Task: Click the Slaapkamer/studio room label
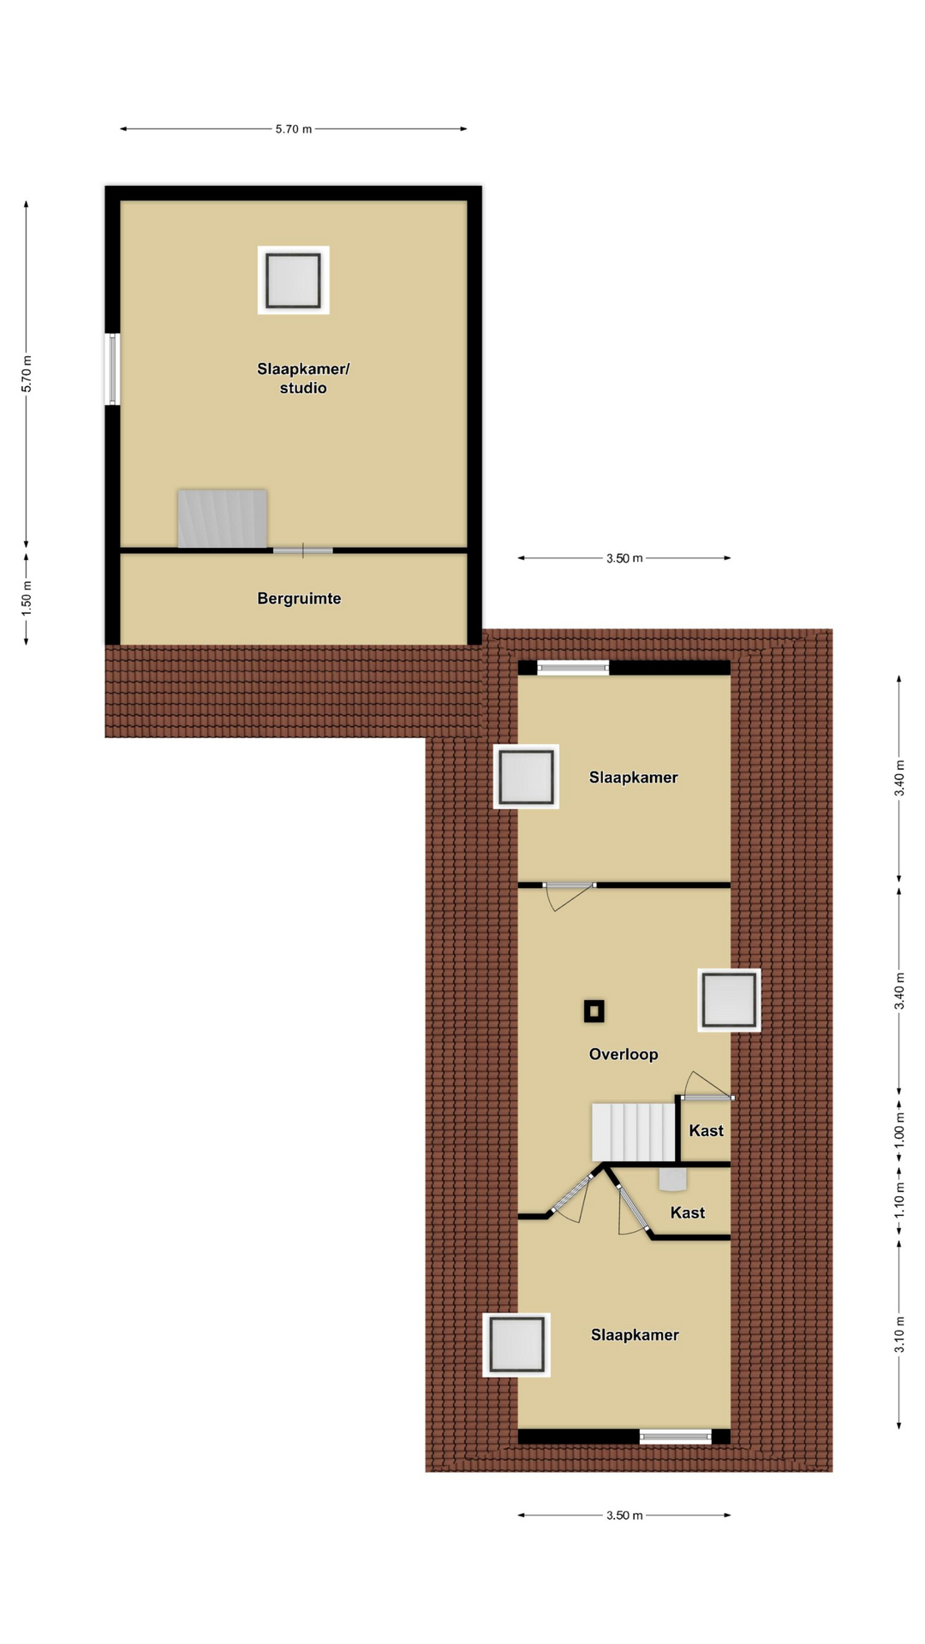click(303, 378)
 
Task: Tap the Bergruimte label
click(299, 599)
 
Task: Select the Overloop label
click(624, 1054)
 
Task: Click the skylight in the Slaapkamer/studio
click(294, 280)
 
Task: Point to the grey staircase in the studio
click(223, 518)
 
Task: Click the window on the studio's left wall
click(112, 369)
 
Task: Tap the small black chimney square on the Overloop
click(594, 1011)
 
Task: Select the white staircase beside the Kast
click(634, 1132)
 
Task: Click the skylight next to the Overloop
click(729, 1000)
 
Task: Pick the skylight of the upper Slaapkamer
click(526, 777)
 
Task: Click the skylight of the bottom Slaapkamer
click(516, 1344)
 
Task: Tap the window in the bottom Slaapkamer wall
click(676, 1436)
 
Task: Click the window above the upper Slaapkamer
click(573, 668)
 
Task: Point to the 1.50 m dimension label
click(27, 597)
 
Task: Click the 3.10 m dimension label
click(899, 1334)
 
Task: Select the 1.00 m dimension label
click(899, 1130)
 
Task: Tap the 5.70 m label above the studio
click(294, 129)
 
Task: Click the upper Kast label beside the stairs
click(707, 1130)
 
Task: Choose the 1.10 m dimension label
click(899, 1200)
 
